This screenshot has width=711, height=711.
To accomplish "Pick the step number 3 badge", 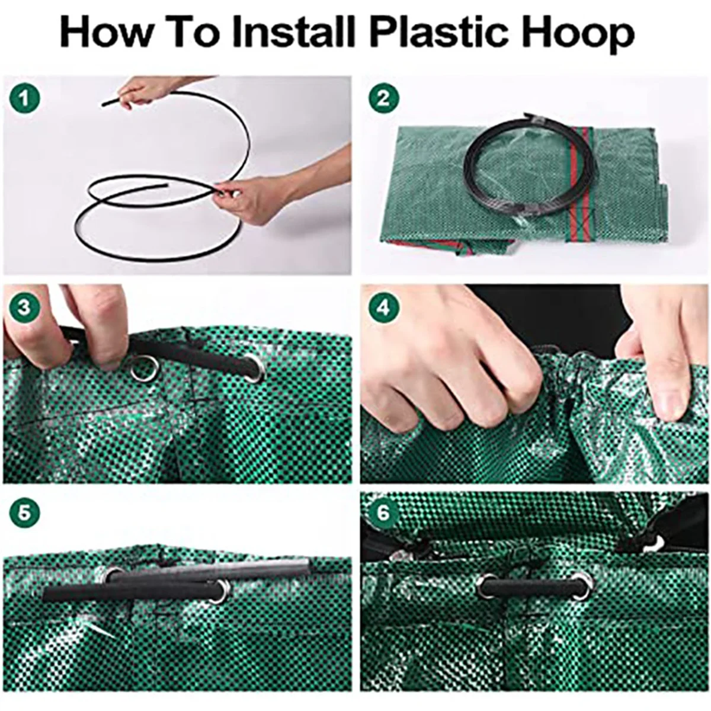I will [24, 307].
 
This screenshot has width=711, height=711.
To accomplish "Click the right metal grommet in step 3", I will [256, 370].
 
